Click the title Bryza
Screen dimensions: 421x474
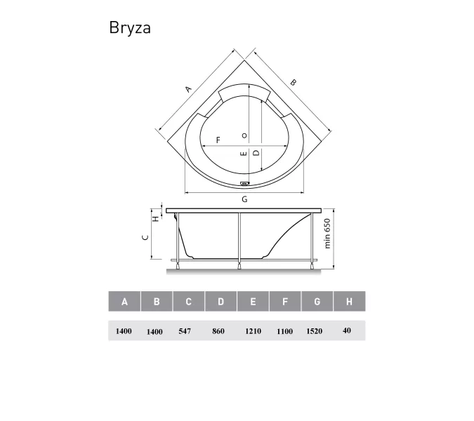click(130, 28)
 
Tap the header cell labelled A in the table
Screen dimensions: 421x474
click(124, 302)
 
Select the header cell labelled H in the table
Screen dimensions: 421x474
click(349, 302)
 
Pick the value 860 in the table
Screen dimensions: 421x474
click(218, 331)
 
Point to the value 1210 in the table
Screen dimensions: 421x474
click(253, 331)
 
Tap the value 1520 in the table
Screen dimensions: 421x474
click(315, 331)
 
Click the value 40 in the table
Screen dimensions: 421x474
click(347, 330)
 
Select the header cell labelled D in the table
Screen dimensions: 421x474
click(220, 302)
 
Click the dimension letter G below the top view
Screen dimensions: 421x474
click(244, 199)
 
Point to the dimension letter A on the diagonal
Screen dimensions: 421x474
click(188, 89)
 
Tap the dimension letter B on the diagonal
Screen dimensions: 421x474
click(294, 83)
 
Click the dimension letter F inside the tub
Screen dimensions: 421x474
click(218, 140)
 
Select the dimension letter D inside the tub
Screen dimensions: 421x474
click(256, 152)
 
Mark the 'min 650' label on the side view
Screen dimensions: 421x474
click(327, 234)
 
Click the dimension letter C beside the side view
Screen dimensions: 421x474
click(145, 237)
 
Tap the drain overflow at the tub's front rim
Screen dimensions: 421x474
click(244, 185)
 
